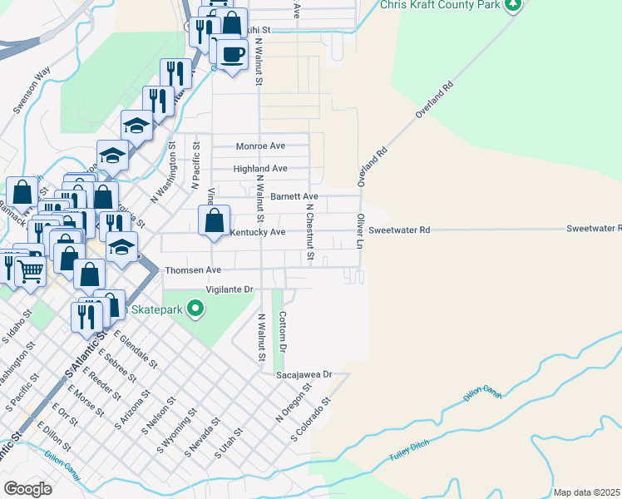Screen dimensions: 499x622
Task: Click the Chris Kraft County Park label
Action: coord(440,5)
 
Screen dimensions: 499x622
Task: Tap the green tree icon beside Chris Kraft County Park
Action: coord(513,5)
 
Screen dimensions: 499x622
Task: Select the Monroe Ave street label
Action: coord(260,146)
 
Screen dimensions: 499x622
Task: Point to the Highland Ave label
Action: coord(260,168)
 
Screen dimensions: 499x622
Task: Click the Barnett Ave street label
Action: coord(294,196)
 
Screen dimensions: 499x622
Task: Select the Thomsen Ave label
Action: coord(193,270)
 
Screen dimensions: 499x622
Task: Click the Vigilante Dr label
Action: coord(230,289)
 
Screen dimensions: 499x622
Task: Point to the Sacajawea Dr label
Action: coord(304,375)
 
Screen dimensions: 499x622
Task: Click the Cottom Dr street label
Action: coord(283,329)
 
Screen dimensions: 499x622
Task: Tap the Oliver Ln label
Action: coord(361,230)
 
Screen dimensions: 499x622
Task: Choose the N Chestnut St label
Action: coord(309,235)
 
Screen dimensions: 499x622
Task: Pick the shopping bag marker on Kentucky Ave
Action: coord(215,221)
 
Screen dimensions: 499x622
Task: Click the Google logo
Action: coord(27,488)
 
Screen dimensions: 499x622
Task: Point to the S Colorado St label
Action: coord(311,418)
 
